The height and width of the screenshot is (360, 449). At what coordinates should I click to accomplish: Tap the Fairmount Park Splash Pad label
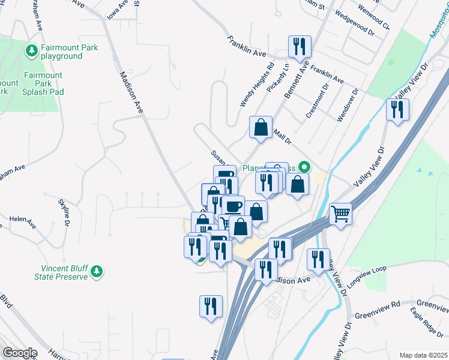[x=43, y=83]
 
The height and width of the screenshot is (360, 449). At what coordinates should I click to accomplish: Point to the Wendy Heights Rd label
[x=256, y=85]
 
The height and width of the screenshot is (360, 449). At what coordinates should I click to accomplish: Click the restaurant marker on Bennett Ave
[x=299, y=47]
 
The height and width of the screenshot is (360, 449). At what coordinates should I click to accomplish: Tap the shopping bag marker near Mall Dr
[x=261, y=127]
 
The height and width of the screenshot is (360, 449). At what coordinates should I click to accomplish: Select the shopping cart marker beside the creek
[x=340, y=213]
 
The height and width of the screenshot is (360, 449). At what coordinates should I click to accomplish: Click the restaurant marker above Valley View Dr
[x=397, y=109]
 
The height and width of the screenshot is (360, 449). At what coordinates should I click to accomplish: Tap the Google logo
[x=19, y=353]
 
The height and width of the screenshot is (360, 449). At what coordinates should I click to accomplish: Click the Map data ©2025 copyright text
[x=423, y=355]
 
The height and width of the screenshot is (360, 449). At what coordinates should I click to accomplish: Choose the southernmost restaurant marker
[x=211, y=306]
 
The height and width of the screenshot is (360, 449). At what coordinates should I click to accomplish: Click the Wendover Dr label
[x=348, y=106]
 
